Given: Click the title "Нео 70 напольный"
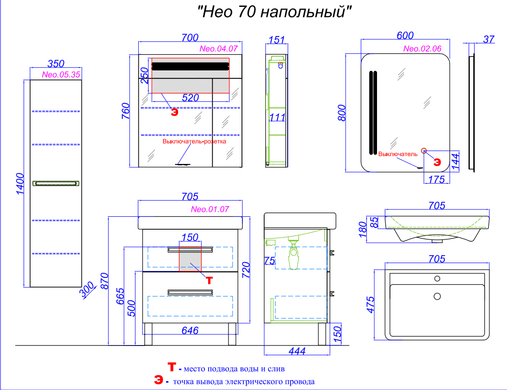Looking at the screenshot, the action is (x=274, y=12).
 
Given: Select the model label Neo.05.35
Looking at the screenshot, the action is (x=61, y=75).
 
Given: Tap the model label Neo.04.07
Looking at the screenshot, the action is (x=219, y=49).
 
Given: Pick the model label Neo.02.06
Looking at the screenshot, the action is (x=422, y=49).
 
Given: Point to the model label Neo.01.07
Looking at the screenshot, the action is (x=210, y=209).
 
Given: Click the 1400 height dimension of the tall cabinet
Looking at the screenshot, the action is (x=20, y=184).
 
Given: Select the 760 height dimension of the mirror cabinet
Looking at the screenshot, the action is (x=125, y=111).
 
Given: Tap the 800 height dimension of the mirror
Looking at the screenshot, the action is (x=341, y=113).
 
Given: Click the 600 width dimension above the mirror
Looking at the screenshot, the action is (x=405, y=36).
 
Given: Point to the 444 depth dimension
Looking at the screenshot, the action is (x=297, y=351).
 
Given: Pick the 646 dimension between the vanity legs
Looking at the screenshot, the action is (x=190, y=330).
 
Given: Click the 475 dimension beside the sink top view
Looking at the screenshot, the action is (x=370, y=305).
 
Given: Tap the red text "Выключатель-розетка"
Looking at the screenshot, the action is (x=194, y=141).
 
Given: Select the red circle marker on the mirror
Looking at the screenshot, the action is (x=424, y=151).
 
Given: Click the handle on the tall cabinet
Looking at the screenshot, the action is (x=56, y=183).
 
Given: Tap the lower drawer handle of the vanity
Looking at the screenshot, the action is (x=190, y=293).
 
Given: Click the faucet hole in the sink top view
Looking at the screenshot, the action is (x=437, y=279).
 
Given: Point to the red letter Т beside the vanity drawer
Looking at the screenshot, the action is (x=210, y=280).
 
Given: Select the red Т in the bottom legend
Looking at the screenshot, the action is (x=172, y=367).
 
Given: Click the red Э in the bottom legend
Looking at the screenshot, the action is (x=158, y=380).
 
